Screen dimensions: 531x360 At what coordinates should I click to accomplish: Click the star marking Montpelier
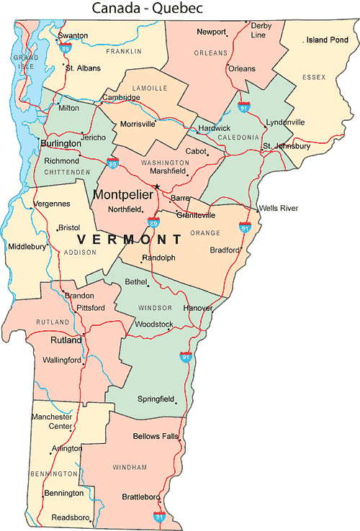[x=157, y=187]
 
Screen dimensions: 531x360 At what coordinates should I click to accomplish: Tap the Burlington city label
[x=60, y=144]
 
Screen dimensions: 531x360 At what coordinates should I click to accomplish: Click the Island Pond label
[x=327, y=40]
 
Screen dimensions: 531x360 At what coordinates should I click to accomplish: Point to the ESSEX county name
[x=314, y=76]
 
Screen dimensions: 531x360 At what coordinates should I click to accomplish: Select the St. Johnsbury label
[x=286, y=146]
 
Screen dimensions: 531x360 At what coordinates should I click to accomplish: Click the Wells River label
[x=278, y=209]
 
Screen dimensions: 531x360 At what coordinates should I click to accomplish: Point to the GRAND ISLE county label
[x=26, y=61]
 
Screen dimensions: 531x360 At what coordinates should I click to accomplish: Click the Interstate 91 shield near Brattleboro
[x=159, y=516]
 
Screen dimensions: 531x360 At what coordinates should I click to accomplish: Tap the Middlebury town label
[x=27, y=247]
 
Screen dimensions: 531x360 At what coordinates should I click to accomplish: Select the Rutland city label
[x=66, y=340]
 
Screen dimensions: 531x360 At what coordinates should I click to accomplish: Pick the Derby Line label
[x=258, y=29]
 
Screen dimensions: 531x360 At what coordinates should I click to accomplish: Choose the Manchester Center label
[x=52, y=421]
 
